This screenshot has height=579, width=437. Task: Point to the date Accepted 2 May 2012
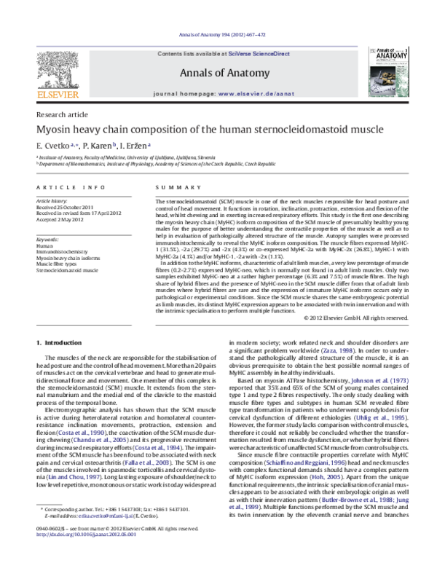66,219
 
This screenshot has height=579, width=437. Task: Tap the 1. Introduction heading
60,342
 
